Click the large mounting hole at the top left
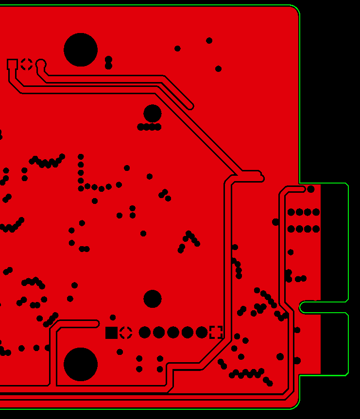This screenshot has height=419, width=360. [x=81, y=50]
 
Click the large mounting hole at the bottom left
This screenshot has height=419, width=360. [x=81, y=364]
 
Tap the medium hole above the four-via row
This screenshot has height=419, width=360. [x=153, y=114]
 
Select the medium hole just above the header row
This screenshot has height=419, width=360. [x=153, y=299]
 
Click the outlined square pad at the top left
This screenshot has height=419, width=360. [x=12, y=64]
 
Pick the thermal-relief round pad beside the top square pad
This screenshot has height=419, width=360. [x=27, y=64]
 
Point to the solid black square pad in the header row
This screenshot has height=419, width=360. [x=111, y=333]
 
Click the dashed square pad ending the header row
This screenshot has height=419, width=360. [x=216, y=332]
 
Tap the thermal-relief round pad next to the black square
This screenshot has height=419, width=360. [x=126, y=333]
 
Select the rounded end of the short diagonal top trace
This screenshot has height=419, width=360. [x=189, y=106]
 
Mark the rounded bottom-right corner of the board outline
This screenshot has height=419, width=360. [x=295, y=404]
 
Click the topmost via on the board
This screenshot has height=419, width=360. [x=209, y=41]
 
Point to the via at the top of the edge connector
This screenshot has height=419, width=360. [x=311, y=189]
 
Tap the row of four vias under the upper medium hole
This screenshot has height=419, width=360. [x=149, y=127]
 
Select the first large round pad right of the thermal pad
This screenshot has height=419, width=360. [x=145, y=333]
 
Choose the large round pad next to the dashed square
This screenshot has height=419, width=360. [x=202, y=333]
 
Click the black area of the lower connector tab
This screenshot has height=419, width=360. [x=334, y=344]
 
